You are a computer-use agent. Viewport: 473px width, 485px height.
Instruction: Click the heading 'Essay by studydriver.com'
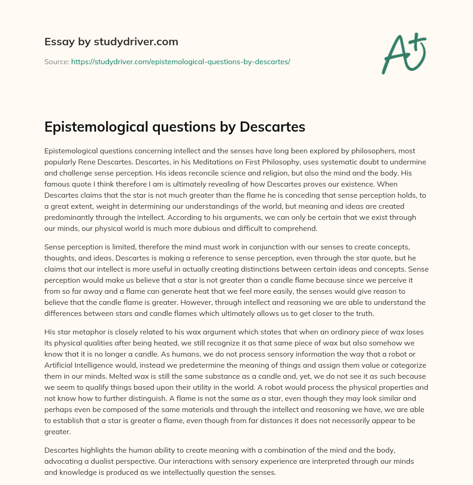coord(111,42)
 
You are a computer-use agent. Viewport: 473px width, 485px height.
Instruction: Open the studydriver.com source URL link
coord(180,61)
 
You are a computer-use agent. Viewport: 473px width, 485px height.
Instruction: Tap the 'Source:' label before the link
coord(56,61)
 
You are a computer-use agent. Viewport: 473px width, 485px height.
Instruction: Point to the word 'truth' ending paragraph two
coord(350,314)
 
